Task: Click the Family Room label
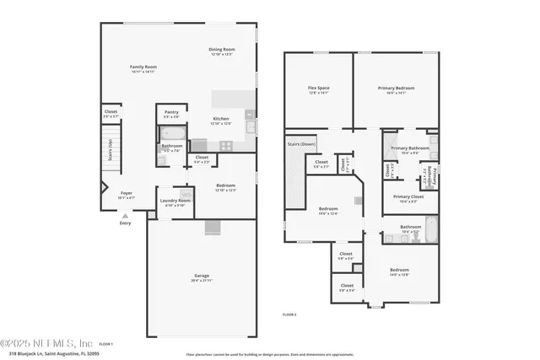143,67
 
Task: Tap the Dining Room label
222,51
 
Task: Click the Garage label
201,277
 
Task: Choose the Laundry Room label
175,201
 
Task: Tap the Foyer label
126,194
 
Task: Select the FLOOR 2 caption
289,314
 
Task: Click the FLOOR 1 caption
105,344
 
